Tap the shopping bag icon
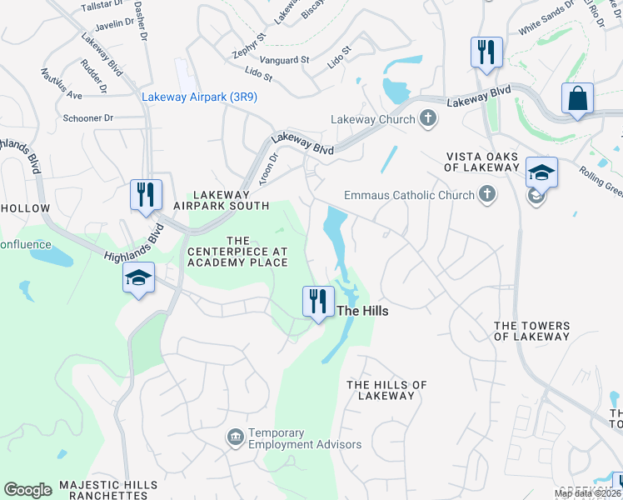coord(577,99)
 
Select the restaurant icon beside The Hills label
coord(317,301)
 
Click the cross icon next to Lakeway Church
coord(428,118)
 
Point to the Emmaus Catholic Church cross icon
coord(486,196)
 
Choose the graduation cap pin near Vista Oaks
coord(541,172)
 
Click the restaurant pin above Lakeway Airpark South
coord(146,195)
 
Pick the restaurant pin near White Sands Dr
coord(486,52)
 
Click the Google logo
coord(27,489)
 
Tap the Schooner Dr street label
coord(87,118)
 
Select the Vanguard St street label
coord(282,60)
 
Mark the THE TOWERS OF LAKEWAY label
coord(532,331)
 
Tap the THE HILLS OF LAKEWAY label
coord(386,390)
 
